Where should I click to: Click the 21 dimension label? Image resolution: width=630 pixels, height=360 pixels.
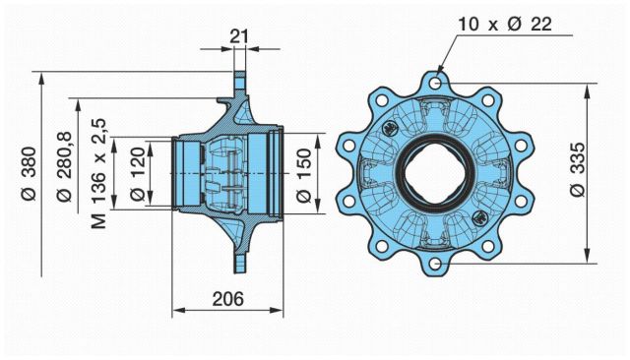tap(239, 36)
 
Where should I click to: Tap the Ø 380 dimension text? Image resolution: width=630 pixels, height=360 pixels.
tap(30, 173)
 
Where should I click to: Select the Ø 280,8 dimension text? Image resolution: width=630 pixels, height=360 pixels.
tap(65, 166)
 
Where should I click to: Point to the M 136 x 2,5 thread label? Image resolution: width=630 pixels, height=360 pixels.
tap(98, 173)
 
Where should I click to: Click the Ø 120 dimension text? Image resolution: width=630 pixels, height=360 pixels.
tap(138, 173)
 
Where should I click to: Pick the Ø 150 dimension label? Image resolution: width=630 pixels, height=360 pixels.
tap(304, 175)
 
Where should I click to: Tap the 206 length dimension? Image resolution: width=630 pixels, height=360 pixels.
tap(227, 299)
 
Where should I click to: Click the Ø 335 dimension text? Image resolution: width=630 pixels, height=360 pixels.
tap(579, 169)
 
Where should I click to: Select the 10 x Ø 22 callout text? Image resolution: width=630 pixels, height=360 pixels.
tap(505, 25)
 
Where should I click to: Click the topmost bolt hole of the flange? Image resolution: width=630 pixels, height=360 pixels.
tap(435, 84)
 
